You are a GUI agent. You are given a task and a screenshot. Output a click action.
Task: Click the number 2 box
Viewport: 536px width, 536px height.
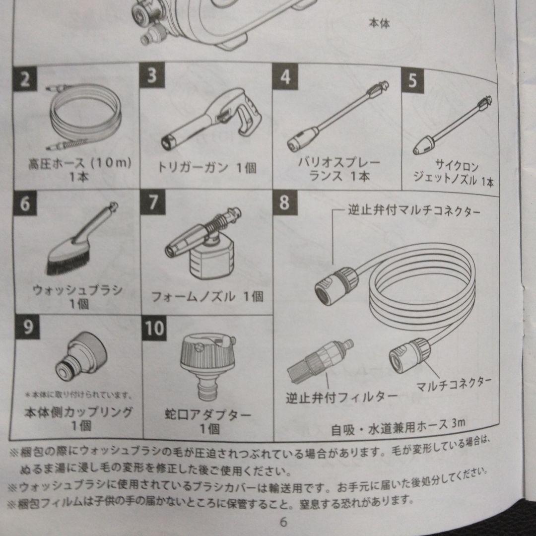[25, 79]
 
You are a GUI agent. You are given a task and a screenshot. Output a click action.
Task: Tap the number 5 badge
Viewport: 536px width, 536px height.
[412, 81]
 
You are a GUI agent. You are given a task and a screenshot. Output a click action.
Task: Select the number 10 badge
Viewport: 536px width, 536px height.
[154, 328]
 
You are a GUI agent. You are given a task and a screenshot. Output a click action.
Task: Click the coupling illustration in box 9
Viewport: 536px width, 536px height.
[81, 356]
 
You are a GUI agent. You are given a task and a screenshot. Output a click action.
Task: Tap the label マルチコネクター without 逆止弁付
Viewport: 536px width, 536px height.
[454, 384]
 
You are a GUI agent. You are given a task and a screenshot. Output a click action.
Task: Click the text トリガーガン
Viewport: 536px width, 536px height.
[193, 168]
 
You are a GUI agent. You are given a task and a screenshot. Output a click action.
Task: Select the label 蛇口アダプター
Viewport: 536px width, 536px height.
[208, 414]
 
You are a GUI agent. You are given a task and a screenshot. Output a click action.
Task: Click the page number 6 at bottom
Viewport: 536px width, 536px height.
[283, 522]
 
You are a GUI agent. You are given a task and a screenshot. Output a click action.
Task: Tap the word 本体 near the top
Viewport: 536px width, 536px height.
[380, 23]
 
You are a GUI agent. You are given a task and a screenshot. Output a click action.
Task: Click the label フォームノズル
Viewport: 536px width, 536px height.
[194, 296]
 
